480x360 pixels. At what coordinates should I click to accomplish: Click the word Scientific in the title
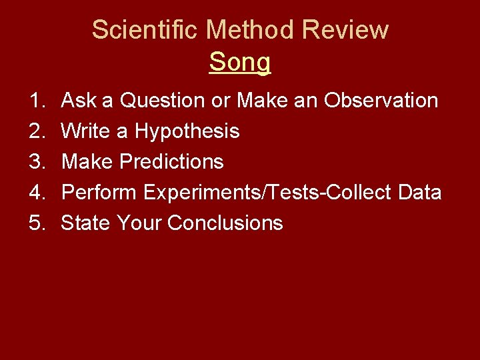[x=145, y=30]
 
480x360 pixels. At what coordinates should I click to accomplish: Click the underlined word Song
[x=240, y=63]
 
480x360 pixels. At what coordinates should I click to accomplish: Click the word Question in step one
[x=162, y=101]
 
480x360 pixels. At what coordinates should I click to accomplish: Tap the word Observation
[x=381, y=101]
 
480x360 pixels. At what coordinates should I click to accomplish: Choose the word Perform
[x=99, y=193]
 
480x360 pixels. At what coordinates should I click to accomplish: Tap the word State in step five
[x=85, y=223]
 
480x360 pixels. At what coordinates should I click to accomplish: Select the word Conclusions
[x=225, y=223]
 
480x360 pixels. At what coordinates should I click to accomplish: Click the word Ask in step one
[x=78, y=101]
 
